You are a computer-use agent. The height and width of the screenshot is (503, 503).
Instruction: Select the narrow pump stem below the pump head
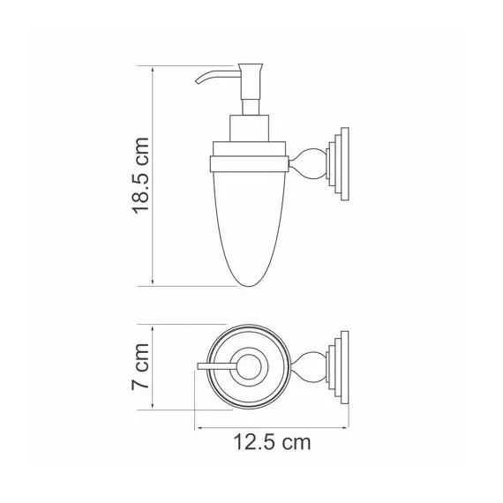[x=244, y=101]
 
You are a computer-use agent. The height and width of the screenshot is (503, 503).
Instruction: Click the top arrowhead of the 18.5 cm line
[x=154, y=69]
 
